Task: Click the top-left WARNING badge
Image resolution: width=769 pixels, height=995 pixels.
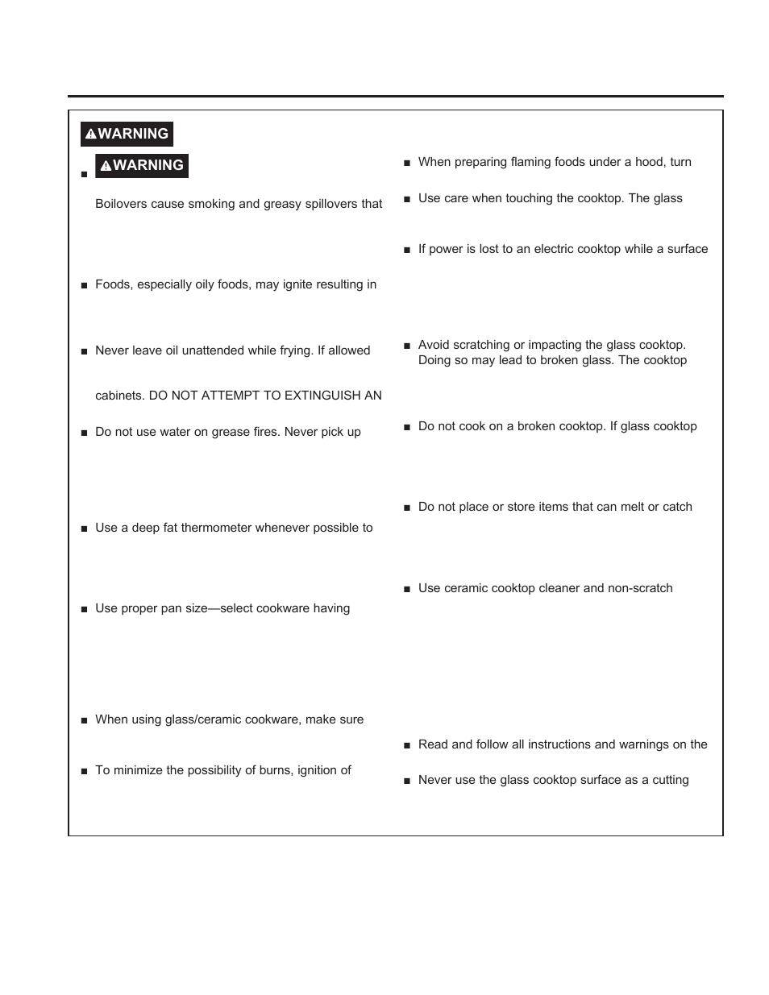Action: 127,134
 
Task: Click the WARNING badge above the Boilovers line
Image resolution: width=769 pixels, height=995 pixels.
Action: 142,165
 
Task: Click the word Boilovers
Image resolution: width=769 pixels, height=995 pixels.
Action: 121,204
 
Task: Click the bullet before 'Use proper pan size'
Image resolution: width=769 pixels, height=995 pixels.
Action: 84,610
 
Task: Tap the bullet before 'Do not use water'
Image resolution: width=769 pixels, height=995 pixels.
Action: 84,433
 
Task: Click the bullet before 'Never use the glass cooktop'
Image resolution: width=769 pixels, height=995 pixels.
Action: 407,781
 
